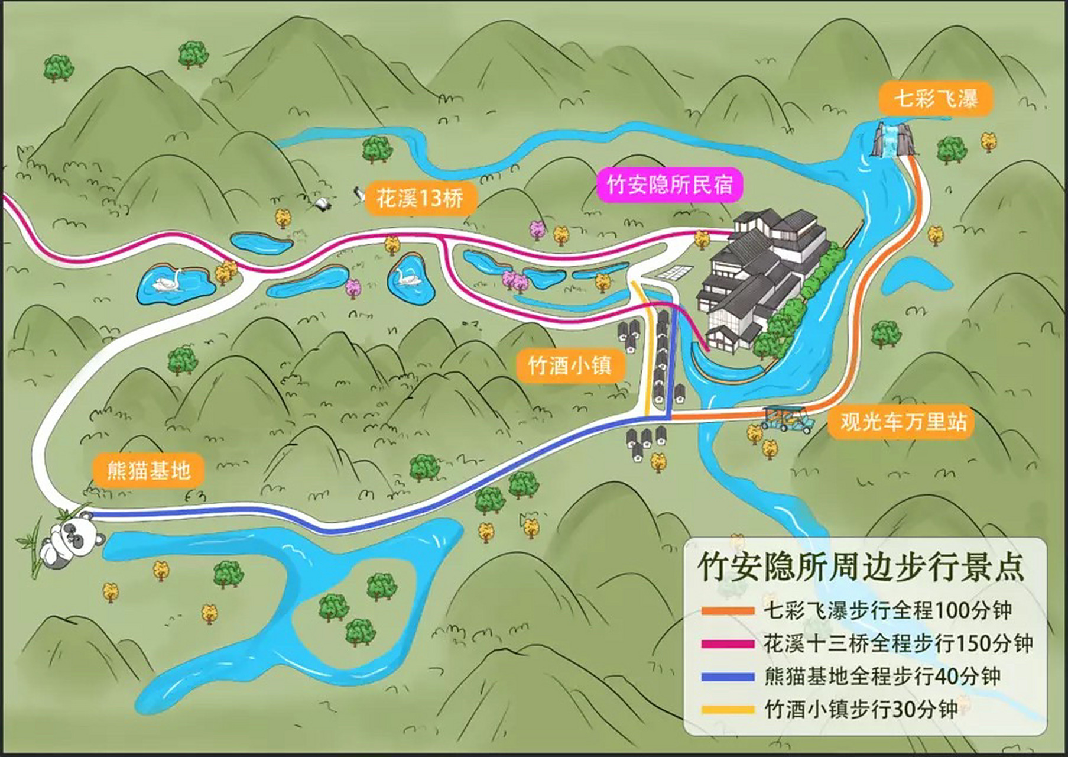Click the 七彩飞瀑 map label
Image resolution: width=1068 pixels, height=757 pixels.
(x=935, y=98)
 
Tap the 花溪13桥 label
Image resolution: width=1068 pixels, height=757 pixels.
(x=420, y=198)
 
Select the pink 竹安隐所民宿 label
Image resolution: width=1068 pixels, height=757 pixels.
(x=669, y=185)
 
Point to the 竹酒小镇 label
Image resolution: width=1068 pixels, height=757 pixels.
(x=569, y=365)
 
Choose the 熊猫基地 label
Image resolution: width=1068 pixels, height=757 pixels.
(x=148, y=471)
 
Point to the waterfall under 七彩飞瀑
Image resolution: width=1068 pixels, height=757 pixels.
(x=891, y=141)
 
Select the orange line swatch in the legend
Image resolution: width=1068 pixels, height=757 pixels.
(x=728, y=612)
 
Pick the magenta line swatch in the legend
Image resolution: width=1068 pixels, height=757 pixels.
(x=728, y=644)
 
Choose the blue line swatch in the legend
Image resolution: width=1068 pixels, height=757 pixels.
(x=728, y=677)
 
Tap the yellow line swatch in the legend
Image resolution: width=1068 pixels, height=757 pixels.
(x=728, y=709)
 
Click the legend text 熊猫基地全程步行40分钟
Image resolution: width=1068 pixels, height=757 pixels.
(x=882, y=677)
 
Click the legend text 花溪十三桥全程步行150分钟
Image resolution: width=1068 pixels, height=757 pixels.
(x=897, y=644)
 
